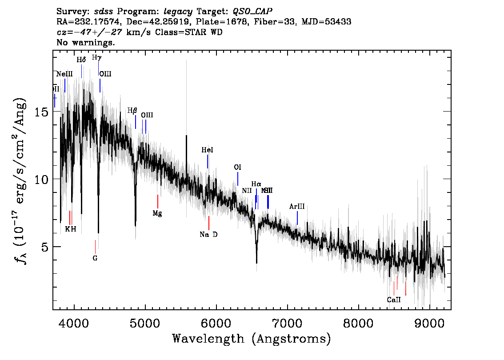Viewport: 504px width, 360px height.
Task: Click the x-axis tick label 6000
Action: tap(216, 322)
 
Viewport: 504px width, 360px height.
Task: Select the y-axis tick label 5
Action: tap(45, 247)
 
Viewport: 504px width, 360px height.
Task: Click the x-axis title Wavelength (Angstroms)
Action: tap(252, 339)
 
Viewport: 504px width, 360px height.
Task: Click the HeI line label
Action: tap(208, 150)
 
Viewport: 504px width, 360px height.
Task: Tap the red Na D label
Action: tap(208, 235)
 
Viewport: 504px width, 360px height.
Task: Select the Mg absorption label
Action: tap(157, 213)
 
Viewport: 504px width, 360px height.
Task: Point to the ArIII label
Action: tap(297, 207)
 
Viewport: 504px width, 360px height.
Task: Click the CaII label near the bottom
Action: tap(394, 300)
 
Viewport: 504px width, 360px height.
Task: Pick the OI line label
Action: tap(238, 167)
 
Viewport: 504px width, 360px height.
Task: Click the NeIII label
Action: tap(64, 74)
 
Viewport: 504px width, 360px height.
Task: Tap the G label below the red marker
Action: tap(95, 258)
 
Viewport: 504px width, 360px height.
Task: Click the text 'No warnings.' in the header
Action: tap(86, 43)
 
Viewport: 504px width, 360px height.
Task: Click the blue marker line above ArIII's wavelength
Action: tap(297, 218)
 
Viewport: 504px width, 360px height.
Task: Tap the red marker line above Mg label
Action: tap(158, 201)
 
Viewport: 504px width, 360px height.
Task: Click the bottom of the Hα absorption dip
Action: tap(256, 262)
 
